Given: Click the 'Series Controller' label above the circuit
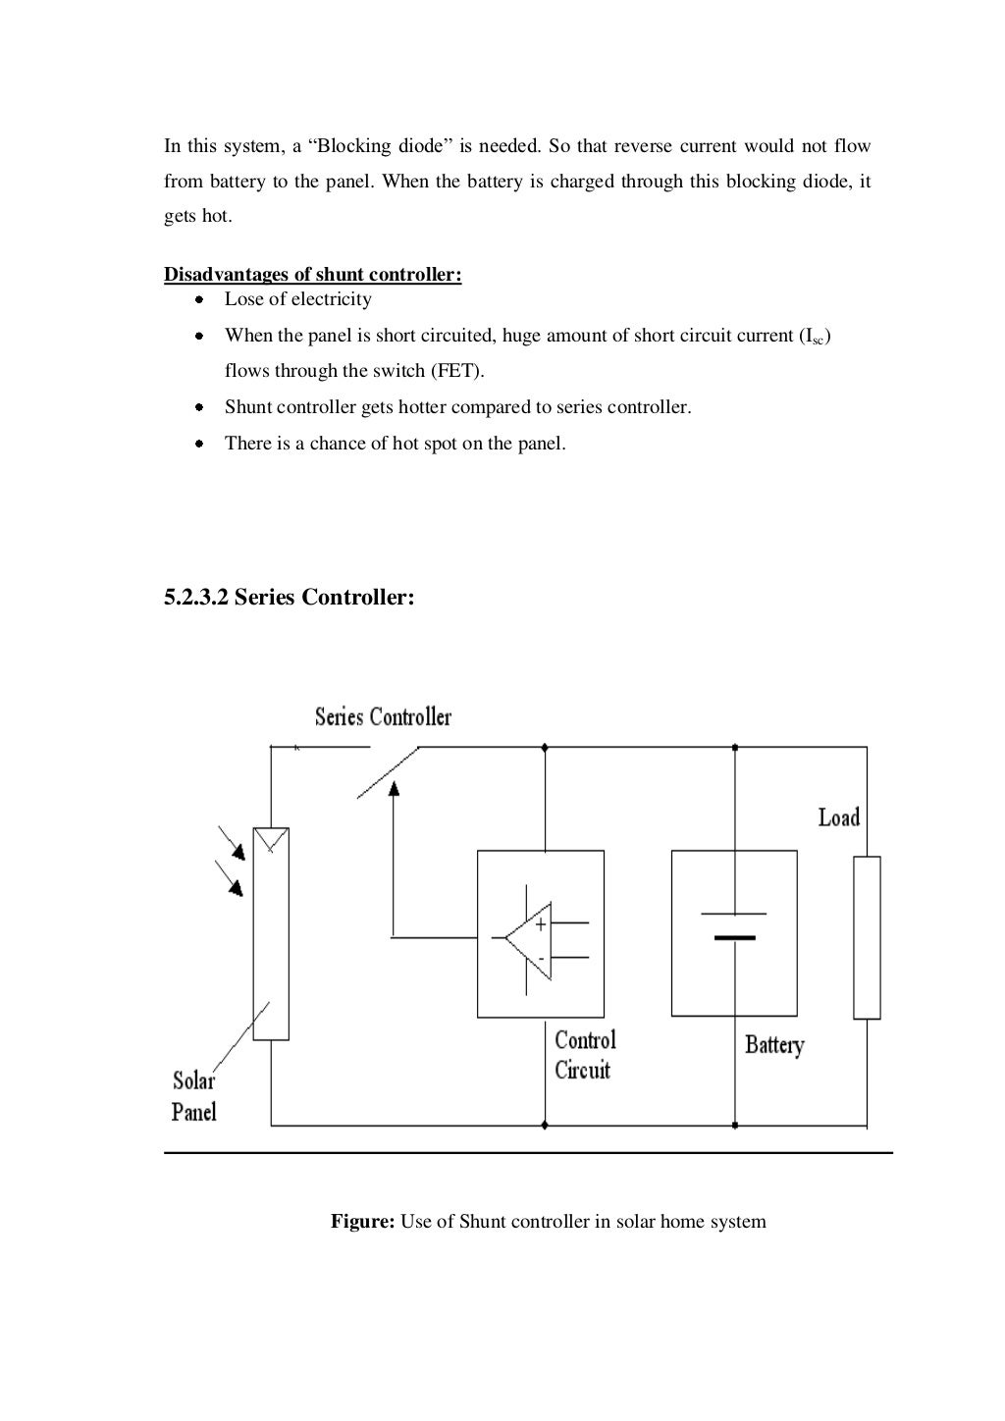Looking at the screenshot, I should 383,717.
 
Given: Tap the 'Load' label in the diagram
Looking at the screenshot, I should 838,817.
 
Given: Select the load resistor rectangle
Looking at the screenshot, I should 867,937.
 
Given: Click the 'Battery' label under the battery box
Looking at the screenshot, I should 773,1045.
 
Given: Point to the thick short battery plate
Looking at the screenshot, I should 735,938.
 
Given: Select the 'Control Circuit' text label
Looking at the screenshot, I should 584,1055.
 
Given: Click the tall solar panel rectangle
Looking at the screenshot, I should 271,932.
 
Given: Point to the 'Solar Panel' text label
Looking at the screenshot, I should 193,1096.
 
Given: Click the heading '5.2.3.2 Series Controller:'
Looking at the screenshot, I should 289,597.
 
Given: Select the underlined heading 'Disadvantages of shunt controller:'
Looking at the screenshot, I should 312,275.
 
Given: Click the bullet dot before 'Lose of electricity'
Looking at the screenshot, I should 199,299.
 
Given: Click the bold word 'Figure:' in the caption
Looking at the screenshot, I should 362,1222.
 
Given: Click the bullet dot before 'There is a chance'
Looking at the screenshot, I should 199,444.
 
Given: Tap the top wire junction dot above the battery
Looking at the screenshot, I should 735,748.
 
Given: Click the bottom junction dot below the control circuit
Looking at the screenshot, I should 545,1125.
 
